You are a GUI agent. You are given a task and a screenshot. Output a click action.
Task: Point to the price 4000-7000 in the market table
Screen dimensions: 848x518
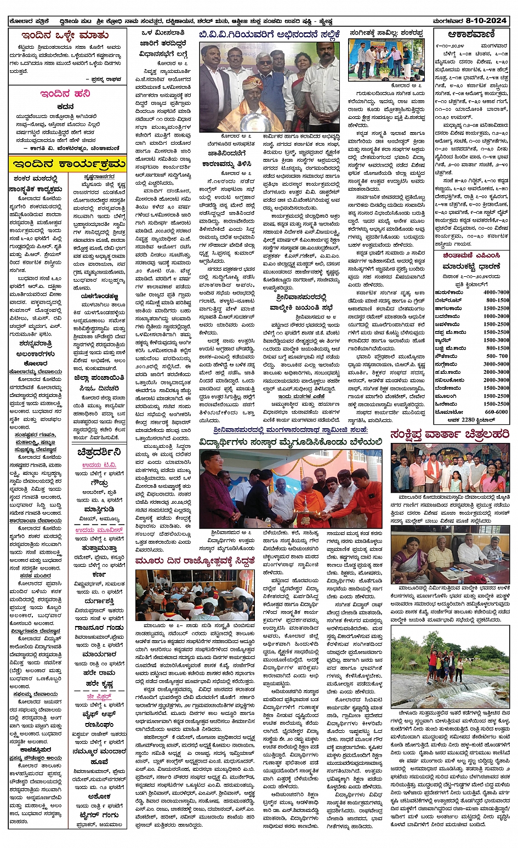point(496,292)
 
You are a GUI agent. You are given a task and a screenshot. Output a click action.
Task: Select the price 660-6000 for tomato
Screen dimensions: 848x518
point(496,412)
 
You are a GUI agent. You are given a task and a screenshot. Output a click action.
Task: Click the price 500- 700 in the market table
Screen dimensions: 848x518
point(497,356)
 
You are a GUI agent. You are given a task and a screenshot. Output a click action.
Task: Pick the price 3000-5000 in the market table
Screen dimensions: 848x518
point(496,364)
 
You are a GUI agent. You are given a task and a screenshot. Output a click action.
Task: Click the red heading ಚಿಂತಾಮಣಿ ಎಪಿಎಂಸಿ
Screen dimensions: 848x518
point(470,255)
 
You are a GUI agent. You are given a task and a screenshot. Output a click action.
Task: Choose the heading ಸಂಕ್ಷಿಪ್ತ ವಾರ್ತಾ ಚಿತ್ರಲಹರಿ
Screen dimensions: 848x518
point(449,434)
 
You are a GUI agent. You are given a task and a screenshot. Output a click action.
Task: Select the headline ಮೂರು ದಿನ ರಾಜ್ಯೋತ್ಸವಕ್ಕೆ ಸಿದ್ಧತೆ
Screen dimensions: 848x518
point(194,561)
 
